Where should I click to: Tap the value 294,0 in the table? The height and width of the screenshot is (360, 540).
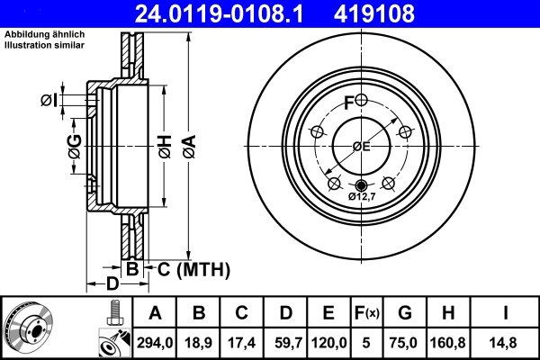(x=155, y=343)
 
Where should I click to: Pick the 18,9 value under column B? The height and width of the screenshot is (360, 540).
(x=200, y=343)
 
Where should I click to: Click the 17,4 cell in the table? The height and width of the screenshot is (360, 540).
(x=242, y=343)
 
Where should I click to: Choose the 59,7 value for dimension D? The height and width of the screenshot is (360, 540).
(x=285, y=343)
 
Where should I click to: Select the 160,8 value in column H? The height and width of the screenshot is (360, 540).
(x=448, y=343)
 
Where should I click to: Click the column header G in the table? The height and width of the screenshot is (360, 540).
(x=405, y=314)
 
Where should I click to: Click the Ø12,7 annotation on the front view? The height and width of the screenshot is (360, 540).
(x=361, y=196)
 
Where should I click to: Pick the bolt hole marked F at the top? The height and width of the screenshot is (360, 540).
(x=361, y=100)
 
